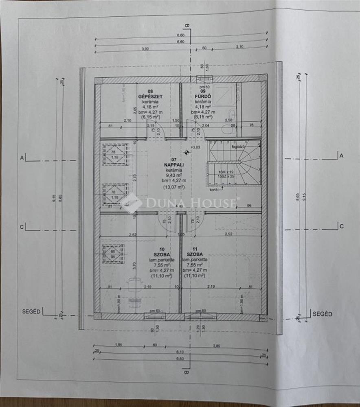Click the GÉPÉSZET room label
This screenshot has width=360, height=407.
(x=150, y=96)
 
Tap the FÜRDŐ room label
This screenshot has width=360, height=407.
(x=202, y=96)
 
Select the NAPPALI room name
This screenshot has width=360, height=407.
(x=173, y=165)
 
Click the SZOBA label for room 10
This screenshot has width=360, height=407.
(x=162, y=254)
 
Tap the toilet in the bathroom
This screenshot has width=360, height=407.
(x=226, y=129)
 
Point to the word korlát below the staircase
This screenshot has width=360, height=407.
(x=215, y=190)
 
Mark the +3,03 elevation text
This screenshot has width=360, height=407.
(x=196, y=147)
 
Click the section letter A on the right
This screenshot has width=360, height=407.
(x=341, y=155)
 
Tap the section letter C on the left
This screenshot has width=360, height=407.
(x=21, y=227)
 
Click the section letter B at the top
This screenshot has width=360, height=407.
(x=187, y=27)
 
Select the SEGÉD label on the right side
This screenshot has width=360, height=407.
(x=322, y=314)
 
